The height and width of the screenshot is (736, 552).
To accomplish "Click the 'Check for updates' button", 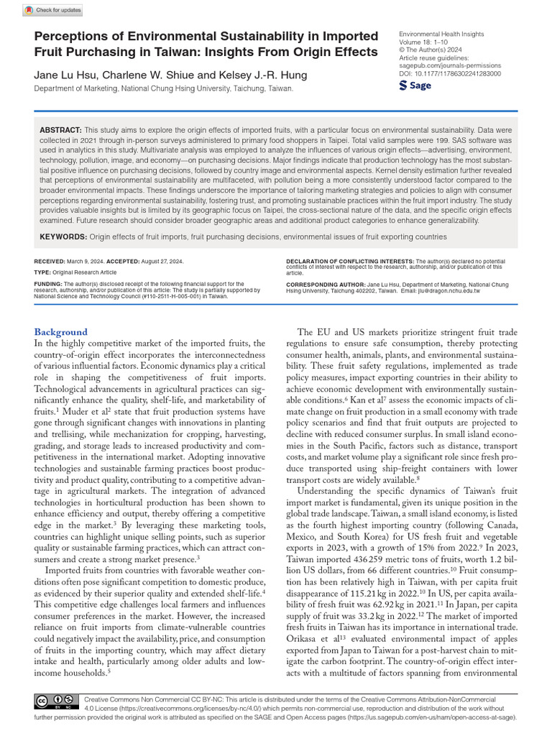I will point(53,10).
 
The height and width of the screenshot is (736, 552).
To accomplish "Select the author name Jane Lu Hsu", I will point(62,75).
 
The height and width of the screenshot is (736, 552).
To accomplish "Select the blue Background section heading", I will point(61,332).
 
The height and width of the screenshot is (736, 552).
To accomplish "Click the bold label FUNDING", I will point(48,284).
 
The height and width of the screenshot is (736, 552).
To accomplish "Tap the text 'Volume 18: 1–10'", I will point(423,42).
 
